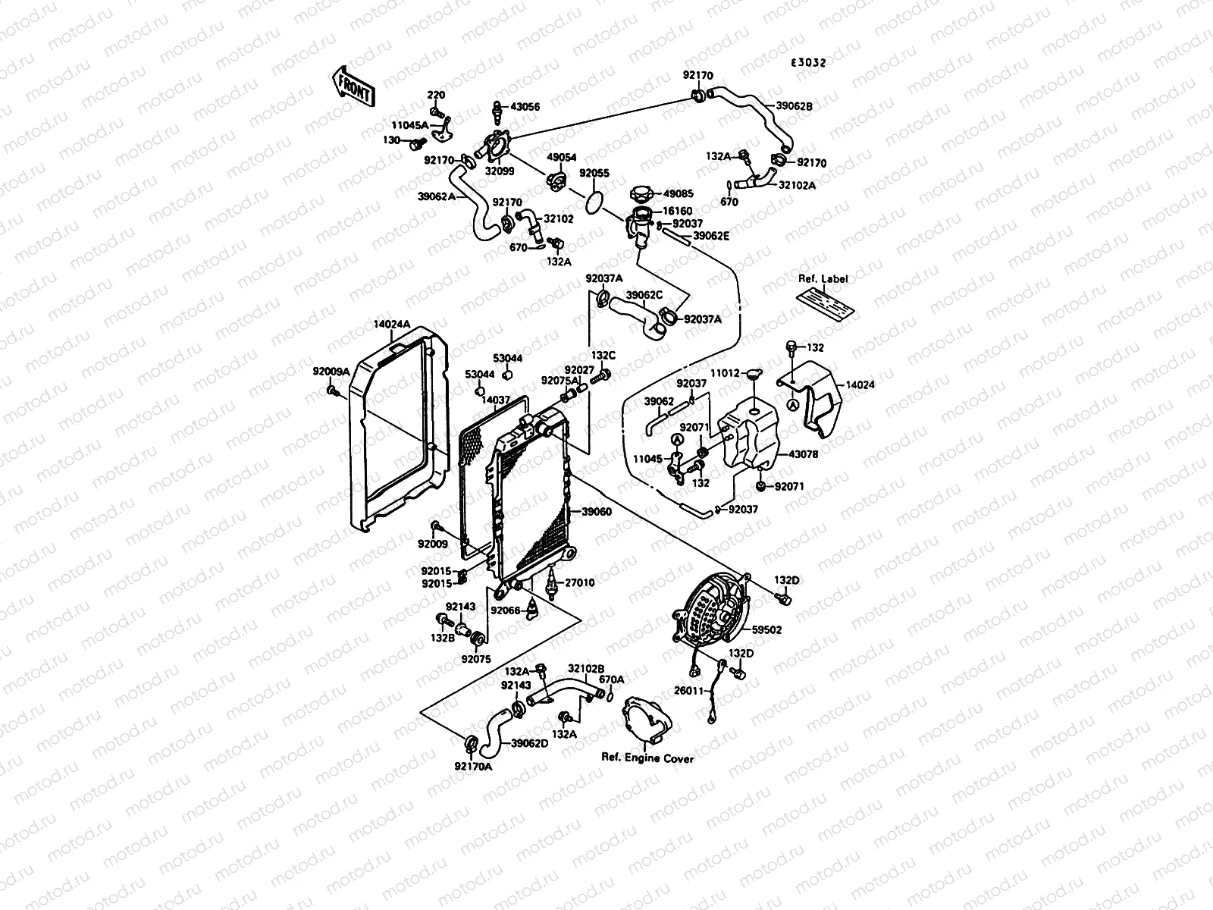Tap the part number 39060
click(596, 512)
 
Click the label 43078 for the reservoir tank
click(803, 454)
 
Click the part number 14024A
click(391, 325)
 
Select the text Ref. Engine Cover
click(647, 758)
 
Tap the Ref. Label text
click(823, 279)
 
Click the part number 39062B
click(794, 107)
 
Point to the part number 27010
click(579, 582)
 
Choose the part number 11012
click(724, 373)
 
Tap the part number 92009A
click(331, 372)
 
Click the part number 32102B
click(586, 669)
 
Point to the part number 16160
click(678, 212)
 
